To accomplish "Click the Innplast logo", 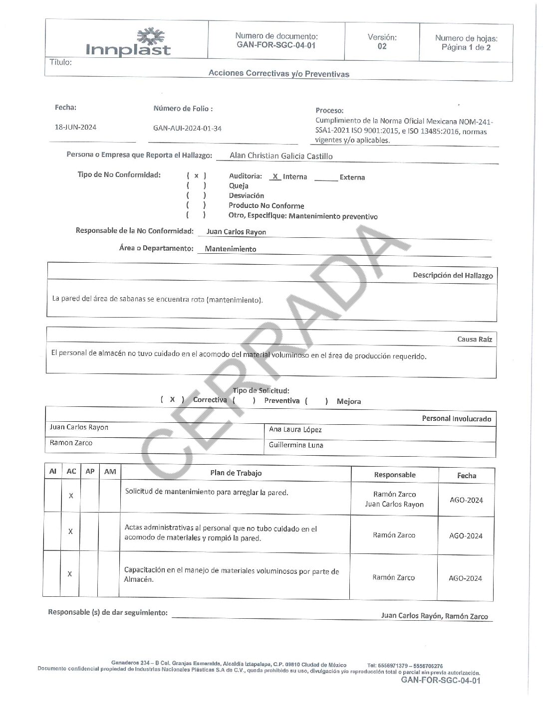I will tap(128, 43).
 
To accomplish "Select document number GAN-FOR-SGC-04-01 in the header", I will tap(276, 45).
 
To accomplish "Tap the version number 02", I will tap(382, 46).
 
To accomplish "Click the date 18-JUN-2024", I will tap(75, 127).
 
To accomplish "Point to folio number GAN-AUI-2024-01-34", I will tap(187, 128).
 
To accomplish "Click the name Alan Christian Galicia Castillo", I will tap(281, 156).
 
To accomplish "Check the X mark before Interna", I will tap(275, 176).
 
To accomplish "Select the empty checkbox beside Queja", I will tap(196, 186).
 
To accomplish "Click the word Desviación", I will tap(246, 195).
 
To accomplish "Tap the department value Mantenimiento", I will tap(231, 249).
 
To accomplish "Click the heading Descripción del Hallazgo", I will tap(452, 275).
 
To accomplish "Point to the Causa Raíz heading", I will tap(474, 339).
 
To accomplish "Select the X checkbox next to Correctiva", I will tap(172, 399).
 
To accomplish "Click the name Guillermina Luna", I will tap(296, 445).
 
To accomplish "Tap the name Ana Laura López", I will tap(295, 429).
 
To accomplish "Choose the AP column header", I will tap(90, 471).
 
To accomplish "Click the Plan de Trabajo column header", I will tap(236, 473).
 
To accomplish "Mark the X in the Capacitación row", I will tap(70, 574).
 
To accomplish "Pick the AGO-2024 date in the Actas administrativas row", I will tap(466, 536).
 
